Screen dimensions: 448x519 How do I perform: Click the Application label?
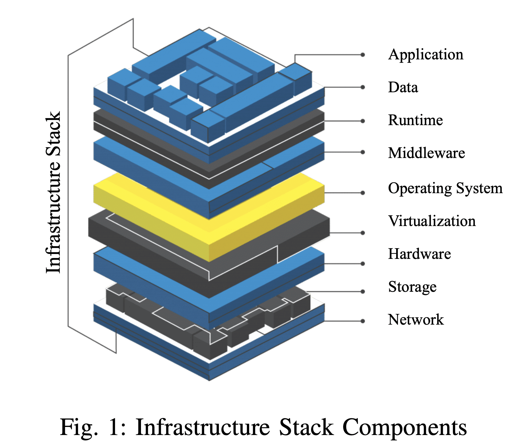tap(426, 55)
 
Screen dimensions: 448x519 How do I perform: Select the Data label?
tap(403, 87)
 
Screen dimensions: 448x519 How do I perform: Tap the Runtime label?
tap(415, 120)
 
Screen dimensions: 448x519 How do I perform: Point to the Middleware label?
tap(426, 153)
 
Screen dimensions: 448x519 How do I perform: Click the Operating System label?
tap(445, 189)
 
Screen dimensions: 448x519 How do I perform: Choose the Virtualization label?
tap(432, 221)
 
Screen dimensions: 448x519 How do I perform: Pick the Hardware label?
tap(420, 254)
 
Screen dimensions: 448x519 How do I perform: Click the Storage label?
tap(412, 287)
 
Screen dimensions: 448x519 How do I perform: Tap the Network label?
tap(416, 320)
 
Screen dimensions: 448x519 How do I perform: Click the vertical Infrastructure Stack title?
tap(53, 192)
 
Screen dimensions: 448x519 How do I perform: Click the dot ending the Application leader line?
tap(363, 55)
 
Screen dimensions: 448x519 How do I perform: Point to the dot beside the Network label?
tap(363, 321)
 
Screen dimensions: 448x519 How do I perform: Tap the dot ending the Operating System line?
tap(363, 193)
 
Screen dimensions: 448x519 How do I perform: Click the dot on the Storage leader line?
tap(363, 291)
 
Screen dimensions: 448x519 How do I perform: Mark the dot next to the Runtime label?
tap(363, 121)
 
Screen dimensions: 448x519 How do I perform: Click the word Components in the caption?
tap(404, 427)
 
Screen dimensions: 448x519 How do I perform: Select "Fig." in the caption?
tap(79, 428)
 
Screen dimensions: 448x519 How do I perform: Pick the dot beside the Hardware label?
tap(363, 263)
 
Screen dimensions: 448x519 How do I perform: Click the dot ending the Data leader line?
tap(363, 87)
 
